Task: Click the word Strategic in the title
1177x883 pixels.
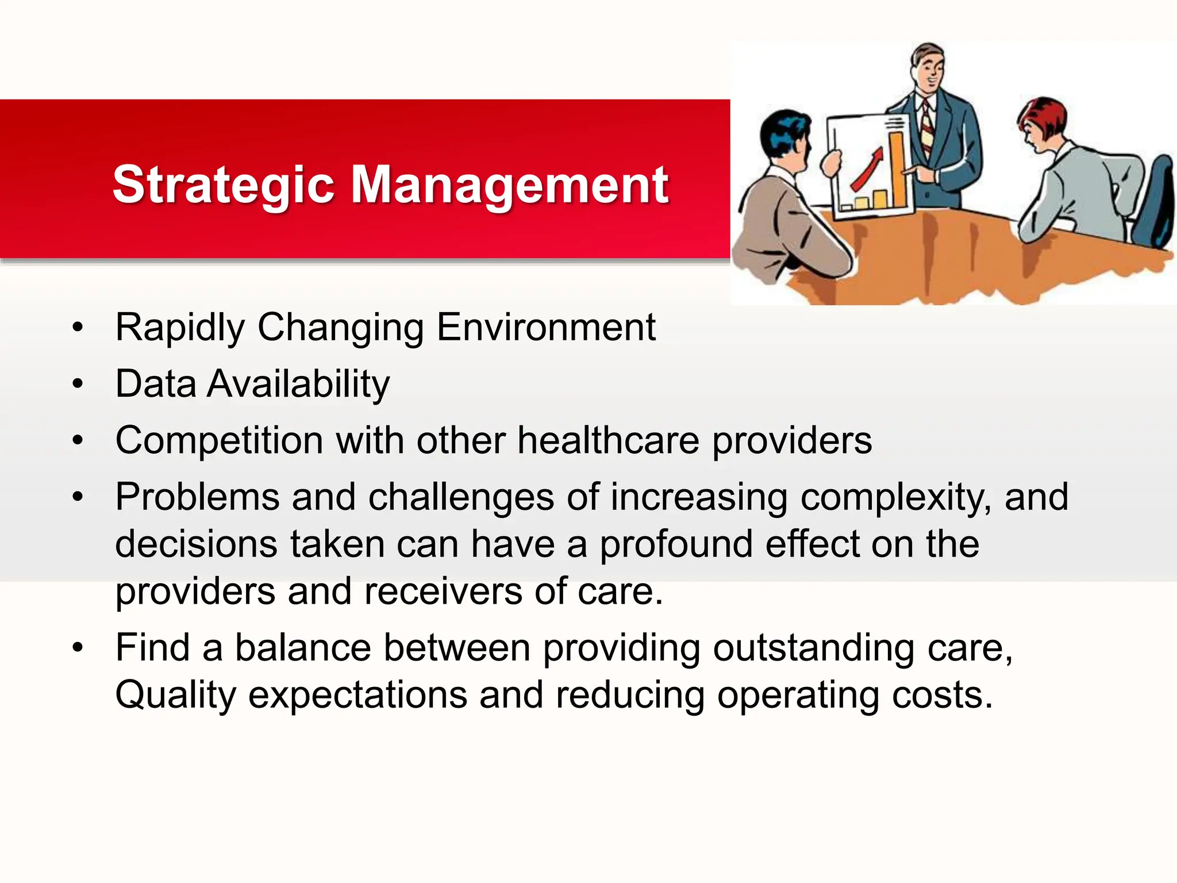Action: click(223, 185)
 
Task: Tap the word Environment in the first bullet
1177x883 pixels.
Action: click(546, 328)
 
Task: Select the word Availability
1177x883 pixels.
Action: click(298, 384)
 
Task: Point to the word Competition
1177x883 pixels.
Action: click(219, 441)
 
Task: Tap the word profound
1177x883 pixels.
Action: click(676, 544)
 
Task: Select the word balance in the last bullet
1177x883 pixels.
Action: click(303, 648)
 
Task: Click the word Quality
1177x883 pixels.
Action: click(175, 696)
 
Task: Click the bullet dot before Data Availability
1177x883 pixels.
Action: click(78, 384)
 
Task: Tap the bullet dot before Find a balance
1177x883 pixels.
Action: click(78, 648)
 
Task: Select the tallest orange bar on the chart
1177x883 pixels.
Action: click(898, 170)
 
